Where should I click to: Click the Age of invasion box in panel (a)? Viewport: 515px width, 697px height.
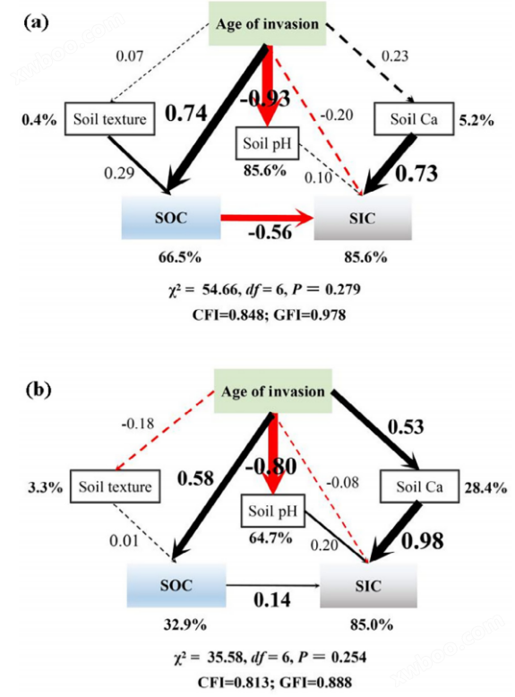[268, 23]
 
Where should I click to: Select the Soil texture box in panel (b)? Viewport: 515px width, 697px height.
[115, 486]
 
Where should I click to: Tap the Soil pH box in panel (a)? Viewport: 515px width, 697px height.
[267, 143]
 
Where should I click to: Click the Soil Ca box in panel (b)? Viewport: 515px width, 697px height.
[419, 486]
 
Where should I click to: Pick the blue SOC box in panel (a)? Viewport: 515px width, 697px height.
[171, 218]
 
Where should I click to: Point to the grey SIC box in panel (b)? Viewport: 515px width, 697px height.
[368, 586]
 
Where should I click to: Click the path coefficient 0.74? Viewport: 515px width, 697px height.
[186, 113]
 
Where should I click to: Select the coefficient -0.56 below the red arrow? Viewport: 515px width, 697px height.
[270, 232]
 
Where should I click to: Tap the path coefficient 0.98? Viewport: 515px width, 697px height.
[423, 541]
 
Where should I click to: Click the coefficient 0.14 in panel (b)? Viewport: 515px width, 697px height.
[272, 599]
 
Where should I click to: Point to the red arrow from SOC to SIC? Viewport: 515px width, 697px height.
[268, 218]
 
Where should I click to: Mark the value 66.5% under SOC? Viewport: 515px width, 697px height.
[179, 257]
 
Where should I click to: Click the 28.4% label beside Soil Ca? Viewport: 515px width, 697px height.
[485, 488]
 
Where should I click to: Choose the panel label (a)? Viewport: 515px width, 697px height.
[36, 22]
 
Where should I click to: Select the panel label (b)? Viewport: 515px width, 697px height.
[39, 390]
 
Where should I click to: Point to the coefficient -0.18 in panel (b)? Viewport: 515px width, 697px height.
[138, 424]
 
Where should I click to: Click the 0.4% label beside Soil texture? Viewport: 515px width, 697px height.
[39, 119]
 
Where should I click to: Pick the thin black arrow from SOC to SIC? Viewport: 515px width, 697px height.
[273, 585]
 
